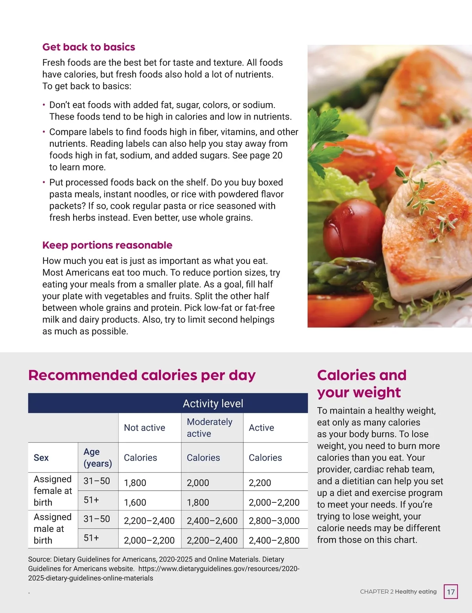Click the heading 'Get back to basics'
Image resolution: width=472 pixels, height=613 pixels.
pyautogui.click(x=88, y=47)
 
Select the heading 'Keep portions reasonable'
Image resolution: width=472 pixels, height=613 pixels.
pyautogui.click(x=107, y=245)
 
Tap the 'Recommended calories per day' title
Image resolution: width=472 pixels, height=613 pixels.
pyautogui.click(x=142, y=375)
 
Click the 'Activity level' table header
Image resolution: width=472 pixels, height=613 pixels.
pyautogui.click(x=213, y=403)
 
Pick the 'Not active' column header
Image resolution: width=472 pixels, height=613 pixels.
pyautogui.click(x=144, y=428)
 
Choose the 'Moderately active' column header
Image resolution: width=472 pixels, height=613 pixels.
pyautogui.click(x=209, y=428)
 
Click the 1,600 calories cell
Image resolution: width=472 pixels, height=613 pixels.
pyautogui.click(x=135, y=502)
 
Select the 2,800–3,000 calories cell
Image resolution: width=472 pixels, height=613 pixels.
pyautogui.click(x=274, y=521)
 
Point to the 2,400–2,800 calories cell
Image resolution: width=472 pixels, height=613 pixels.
pyautogui.click(x=274, y=540)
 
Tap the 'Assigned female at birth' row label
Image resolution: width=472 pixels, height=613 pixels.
pyautogui.click(x=53, y=491)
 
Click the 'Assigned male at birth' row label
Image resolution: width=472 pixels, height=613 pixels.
pyautogui.click(x=53, y=528)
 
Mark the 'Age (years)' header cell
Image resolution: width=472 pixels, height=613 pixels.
pyautogui.click(x=98, y=458)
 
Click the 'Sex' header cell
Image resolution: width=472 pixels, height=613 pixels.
pyautogui.click(x=41, y=458)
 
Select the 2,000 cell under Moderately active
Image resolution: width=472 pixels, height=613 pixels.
pyautogui.click(x=198, y=483)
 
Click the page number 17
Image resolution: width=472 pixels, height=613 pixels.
pyautogui.click(x=451, y=592)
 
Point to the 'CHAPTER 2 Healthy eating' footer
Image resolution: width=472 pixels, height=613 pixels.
pyautogui.click(x=398, y=592)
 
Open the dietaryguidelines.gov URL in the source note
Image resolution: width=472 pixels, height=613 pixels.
pyautogui.click(x=219, y=569)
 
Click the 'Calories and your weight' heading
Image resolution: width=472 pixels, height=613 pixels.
pyautogui.click(x=361, y=384)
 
